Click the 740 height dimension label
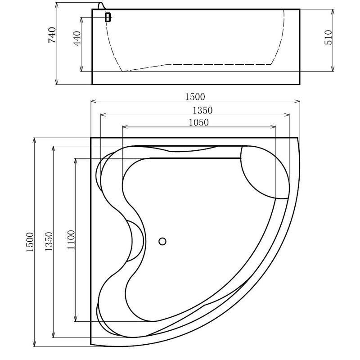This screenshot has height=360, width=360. point(52,35)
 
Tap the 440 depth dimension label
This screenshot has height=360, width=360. point(77,38)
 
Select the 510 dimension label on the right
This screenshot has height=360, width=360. point(328,37)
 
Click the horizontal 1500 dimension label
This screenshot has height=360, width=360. point(195,97)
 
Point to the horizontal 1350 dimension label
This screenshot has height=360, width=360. point(202,110)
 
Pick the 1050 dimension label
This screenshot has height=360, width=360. point(199,122)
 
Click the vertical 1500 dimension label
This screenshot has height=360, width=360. point(30,242)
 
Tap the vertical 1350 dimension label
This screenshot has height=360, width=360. point(49,242)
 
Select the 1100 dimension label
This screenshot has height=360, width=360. point(71,240)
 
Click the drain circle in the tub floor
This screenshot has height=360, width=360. point(162,241)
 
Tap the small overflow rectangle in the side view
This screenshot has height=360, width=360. point(108,17)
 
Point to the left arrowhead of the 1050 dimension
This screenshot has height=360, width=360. point(125,127)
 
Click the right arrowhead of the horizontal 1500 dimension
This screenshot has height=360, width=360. point(297,101)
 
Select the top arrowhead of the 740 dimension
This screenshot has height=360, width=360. point(57,6)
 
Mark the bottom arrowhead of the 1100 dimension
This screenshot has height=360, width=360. point(76,319)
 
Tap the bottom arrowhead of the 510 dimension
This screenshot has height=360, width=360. point(333,68)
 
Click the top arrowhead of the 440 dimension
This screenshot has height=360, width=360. point(81,20)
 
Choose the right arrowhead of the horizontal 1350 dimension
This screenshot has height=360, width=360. point(287,115)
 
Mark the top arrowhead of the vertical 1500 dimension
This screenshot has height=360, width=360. point(35,141)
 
